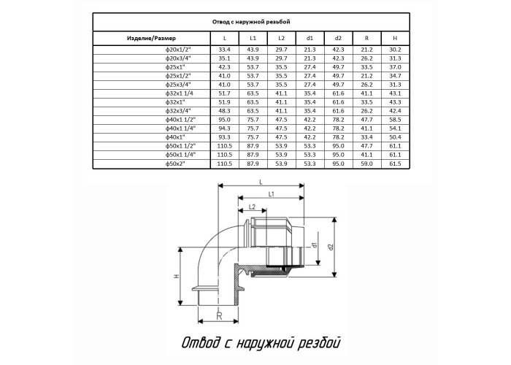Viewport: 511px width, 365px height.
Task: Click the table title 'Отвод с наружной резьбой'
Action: point(251,22)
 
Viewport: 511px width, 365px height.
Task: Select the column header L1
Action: point(253,38)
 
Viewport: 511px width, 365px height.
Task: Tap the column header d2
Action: point(338,38)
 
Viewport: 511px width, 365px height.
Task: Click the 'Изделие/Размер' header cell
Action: point(151,38)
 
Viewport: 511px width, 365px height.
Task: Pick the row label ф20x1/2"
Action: point(177,50)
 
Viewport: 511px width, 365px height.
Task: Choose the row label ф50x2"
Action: point(175,164)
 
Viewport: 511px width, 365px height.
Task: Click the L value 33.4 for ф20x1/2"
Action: point(225,50)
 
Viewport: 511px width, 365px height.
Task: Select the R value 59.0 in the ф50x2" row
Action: point(366,164)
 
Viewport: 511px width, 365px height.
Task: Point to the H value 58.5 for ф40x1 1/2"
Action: point(395,120)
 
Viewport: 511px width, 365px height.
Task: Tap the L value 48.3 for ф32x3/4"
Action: point(225,111)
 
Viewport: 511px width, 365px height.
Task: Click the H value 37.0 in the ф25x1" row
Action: point(395,67)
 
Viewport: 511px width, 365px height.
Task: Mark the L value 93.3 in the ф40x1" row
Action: point(225,137)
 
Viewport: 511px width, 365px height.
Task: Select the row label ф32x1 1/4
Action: point(180,93)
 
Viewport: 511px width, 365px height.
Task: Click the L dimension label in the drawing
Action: point(261,182)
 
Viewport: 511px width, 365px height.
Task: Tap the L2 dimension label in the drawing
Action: point(252,207)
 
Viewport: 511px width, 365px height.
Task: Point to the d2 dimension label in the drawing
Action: point(331,247)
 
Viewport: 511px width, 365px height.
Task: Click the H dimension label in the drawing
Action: point(177,277)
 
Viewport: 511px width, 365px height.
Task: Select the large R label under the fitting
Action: point(219,315)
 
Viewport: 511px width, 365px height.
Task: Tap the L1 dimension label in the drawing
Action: point(271,195)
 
